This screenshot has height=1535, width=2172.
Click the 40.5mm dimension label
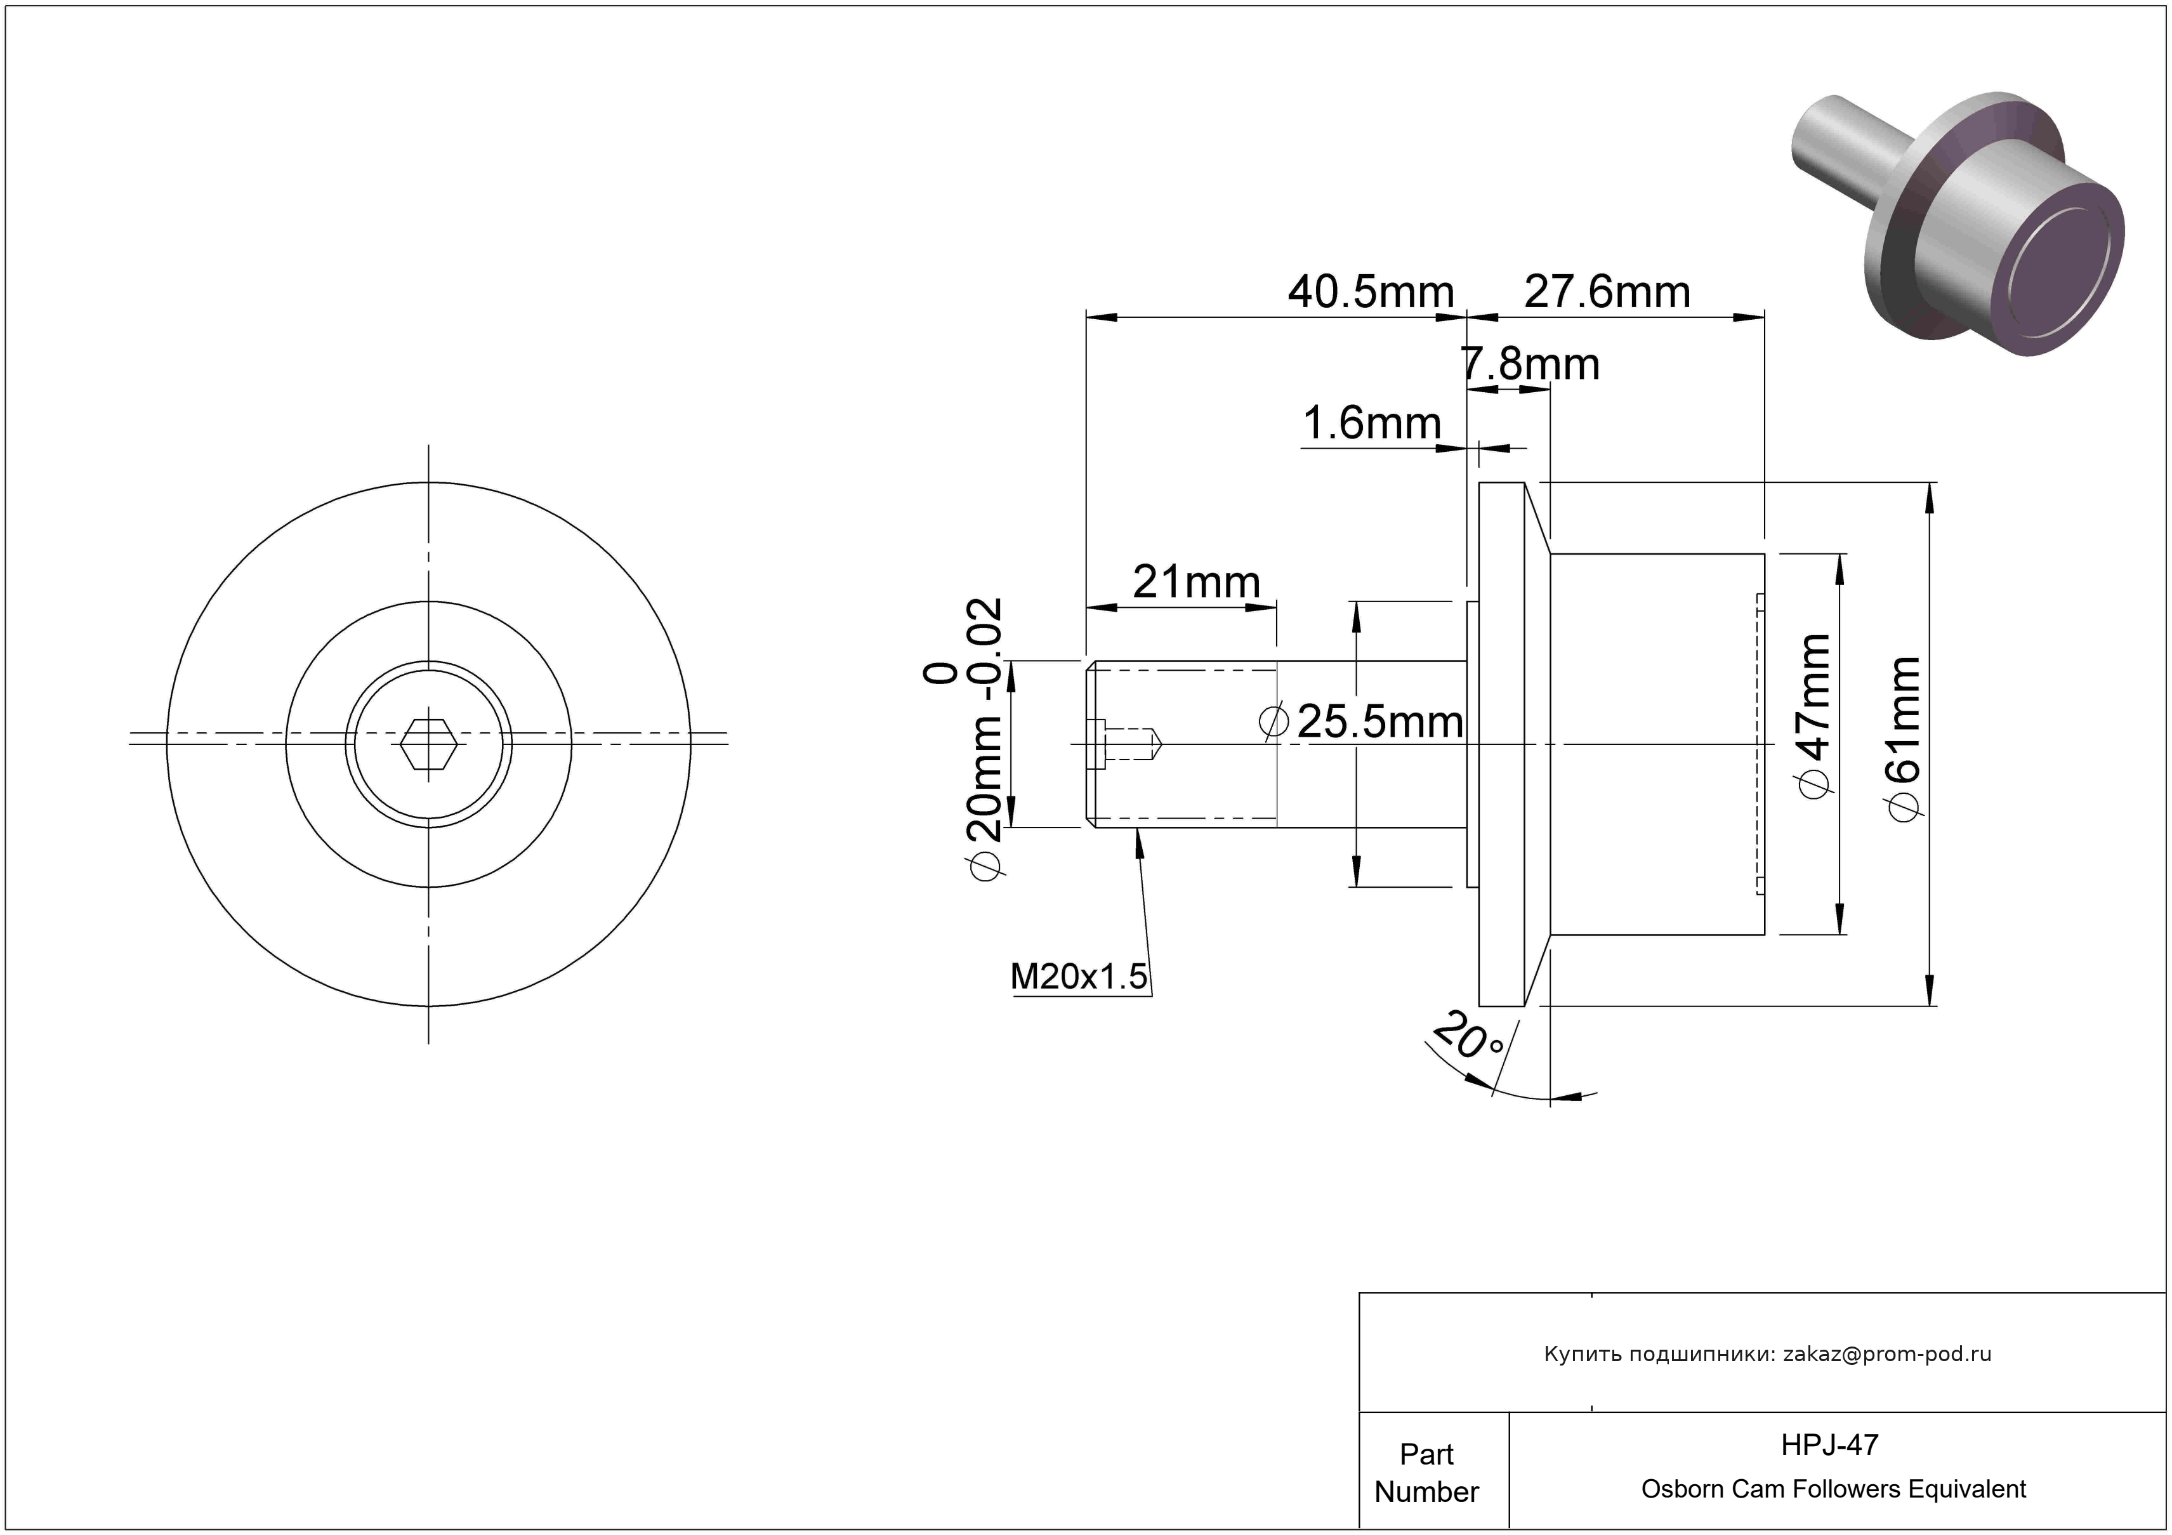click(1371, 293)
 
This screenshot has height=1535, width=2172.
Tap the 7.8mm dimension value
click(1530, 364)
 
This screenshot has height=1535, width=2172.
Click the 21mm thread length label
click(1197, 582)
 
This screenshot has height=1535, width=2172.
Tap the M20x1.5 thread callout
click(1079, 976)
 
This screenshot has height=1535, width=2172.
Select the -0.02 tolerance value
click(985, 649)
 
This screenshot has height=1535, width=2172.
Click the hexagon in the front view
click(428, 744)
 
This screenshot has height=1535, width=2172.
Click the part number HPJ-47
click(1829, 1444)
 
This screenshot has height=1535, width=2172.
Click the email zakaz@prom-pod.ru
click(1887, 1354)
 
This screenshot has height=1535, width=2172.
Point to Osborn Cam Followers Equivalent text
click(1833, 1489)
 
